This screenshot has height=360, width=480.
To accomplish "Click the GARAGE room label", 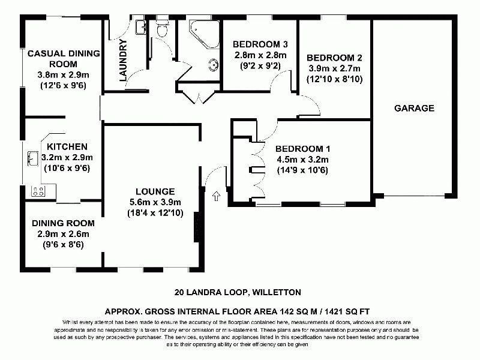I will pyautogui.click(x=414, y=109).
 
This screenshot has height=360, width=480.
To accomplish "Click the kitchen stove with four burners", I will pyautogui.click(x=38, y=191).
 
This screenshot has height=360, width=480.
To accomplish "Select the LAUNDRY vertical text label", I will pyautogui.click(x=124, y=60).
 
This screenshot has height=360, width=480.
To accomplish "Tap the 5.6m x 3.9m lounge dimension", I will pyautogui.click(x=155, y=202).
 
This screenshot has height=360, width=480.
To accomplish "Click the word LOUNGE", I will pyautogui.click(x=155, y=191).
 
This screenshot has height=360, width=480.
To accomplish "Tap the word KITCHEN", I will pyautogui.click(x=67, y=146).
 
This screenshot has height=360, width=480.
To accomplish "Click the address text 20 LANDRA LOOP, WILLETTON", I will pyautogui.click(x=237, y=293).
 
